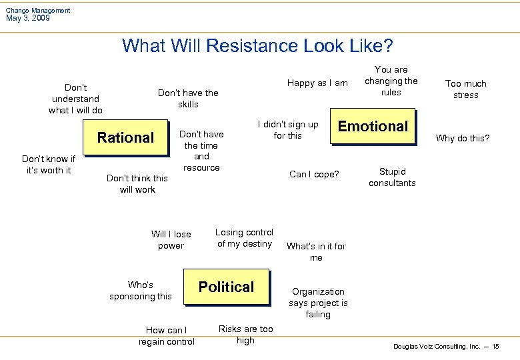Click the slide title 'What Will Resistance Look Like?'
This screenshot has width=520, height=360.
257,46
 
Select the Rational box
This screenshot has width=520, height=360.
125,138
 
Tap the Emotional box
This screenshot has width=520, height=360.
373,127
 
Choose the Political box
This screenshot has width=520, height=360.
226,287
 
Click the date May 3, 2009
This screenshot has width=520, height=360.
27,18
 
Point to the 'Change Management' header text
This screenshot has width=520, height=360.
37,10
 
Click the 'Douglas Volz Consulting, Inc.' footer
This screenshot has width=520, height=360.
437,347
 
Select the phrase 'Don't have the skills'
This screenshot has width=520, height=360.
188,99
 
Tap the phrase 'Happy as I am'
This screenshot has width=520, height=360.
317,83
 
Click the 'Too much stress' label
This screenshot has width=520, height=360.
466,89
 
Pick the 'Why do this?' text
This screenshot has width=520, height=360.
462,139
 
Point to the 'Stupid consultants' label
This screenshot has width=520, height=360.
392,177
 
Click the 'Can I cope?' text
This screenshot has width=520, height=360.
314,175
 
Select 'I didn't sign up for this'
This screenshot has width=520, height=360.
288,130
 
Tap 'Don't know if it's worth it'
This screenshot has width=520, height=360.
49,165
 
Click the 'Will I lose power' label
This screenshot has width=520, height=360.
171,240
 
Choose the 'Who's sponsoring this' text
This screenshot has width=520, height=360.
141,291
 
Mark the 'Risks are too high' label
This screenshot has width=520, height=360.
245,335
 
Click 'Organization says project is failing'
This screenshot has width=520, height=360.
318,303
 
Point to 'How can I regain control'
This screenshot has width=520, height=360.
167,336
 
